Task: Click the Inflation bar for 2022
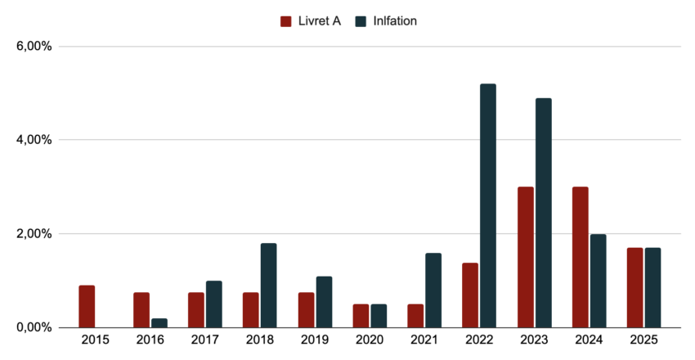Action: pos(487,205)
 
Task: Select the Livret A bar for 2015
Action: pos(87,306)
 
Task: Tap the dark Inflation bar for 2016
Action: pos(159,322)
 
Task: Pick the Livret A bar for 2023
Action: pos(525,257)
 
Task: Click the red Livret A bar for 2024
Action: pos(580,257)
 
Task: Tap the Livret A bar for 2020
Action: pos(361,315)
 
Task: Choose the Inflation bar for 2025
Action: pos(652,287)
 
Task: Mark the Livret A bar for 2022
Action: pos(470,295)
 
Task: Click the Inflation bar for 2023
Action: pos(543,213)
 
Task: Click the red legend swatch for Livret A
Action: pos(286,21)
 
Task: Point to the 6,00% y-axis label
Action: pos(34,47)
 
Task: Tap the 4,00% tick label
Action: pos(34,140)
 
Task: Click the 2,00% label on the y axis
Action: pos(34,234)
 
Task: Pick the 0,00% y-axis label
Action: pos(34,327)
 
